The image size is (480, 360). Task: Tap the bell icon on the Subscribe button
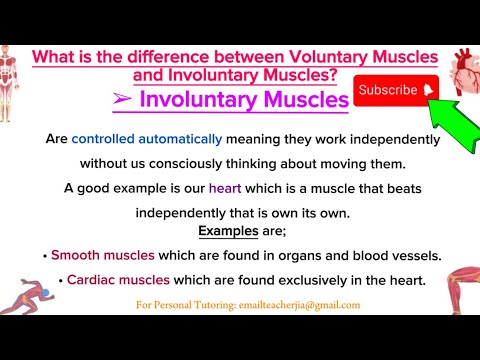click(428, 90)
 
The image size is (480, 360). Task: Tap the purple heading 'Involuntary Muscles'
click(245, 99)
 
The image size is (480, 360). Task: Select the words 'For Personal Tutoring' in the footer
click(175, 305)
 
